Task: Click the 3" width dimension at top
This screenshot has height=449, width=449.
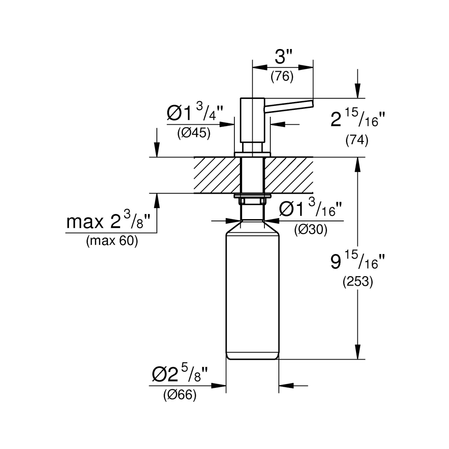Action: (x=282, y=58)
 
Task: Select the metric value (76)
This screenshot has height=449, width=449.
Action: (x=282, y=77)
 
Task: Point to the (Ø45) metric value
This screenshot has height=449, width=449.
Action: (x=194, y=135)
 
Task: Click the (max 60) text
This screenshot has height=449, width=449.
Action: (x=112, y=241)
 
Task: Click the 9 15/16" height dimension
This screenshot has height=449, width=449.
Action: (x=357, y=262)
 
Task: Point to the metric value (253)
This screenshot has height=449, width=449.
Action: (x=357, y=282)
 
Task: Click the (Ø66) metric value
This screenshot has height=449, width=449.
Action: (x=180, y=395)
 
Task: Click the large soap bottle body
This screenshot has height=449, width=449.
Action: (x=252, y=295)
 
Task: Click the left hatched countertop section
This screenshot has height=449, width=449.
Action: (x=216, y=175)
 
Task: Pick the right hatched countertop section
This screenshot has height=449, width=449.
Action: (x=288, y=175)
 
